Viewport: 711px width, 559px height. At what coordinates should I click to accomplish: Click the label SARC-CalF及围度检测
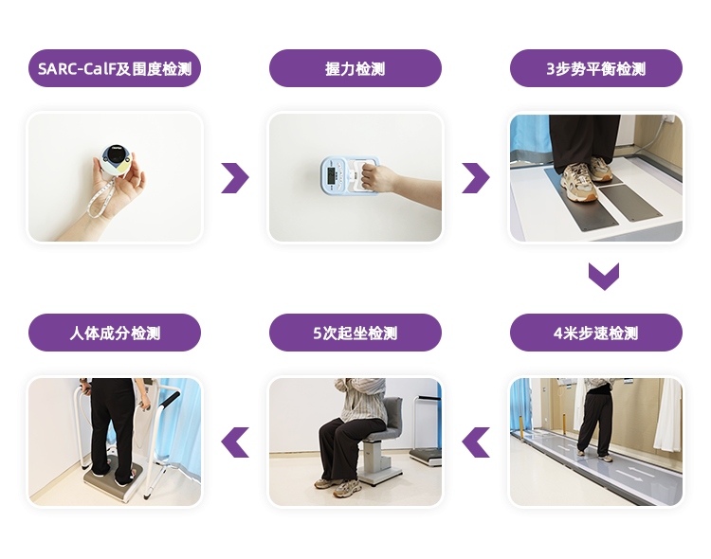coord(115,69)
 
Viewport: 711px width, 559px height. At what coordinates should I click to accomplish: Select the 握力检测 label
coord(355,69)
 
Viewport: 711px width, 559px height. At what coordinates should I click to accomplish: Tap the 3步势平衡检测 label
coord(596,69)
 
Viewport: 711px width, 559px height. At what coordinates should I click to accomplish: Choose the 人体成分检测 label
coord(115,333)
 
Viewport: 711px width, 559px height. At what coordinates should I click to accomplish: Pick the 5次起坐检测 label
coord(355,333)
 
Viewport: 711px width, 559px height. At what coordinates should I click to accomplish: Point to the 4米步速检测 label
coord(596,333)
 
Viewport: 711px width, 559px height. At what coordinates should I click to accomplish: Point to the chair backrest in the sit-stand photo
coord(396,417)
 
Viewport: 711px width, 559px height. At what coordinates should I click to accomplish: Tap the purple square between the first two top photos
coord(235,178)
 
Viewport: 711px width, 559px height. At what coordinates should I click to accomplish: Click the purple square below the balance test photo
coord(604,277)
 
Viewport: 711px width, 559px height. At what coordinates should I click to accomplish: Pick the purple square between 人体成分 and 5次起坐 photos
coord(235,442)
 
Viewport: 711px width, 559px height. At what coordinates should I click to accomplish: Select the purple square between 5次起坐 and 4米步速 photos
coord(476,442)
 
